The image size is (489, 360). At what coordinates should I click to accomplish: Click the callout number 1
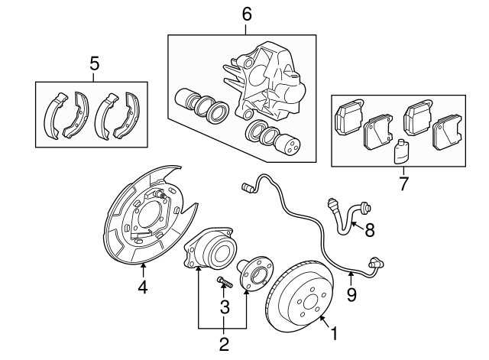(x=333, y=333)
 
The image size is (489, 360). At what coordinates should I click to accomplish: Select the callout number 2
(x=223, y=344)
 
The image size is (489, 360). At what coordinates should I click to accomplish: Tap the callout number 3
(x=225, y=306)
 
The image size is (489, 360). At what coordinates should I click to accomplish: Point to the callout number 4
(x=143, y=287)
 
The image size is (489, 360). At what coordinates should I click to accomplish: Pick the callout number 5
(x=95, y=64)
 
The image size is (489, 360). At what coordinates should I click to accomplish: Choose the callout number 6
(x=246, y=14)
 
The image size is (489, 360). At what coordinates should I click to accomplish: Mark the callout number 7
(x=403, y=183)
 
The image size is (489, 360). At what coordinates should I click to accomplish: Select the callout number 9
(x=351, y=294)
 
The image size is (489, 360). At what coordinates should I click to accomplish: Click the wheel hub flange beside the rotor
(x=252, y=277)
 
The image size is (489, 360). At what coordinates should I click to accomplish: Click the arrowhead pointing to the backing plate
(x=143, y=266)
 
